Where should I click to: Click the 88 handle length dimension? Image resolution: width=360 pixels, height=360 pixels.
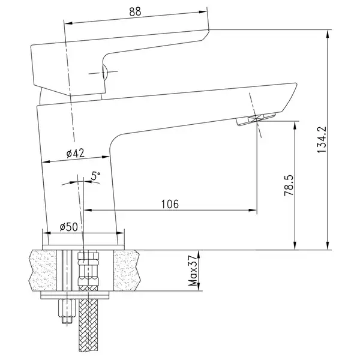[135, 11]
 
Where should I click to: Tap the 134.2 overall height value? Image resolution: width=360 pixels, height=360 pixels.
[322, 139]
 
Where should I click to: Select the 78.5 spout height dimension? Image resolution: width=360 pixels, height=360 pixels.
[289, 185]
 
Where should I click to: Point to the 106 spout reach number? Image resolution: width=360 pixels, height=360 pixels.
[170, 204]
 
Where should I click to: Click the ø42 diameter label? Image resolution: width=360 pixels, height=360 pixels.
[76, 153]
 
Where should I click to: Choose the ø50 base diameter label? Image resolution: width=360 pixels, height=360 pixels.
[68, 227]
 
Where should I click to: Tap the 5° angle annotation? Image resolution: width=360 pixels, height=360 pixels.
[95, 176]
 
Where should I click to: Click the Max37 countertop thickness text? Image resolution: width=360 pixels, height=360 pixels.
[193, 271]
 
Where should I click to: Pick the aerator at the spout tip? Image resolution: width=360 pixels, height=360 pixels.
[256, 119]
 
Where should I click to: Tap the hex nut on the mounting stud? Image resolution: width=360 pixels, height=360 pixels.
[67, 308]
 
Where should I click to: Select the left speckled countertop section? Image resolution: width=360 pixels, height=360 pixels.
[43, 270]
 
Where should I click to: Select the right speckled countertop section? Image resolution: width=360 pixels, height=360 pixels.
[126, 270]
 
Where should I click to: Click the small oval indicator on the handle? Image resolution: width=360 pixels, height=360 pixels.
[104, 72]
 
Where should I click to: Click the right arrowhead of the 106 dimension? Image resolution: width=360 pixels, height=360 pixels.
[253, 210]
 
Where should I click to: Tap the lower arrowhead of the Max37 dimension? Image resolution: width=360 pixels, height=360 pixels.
[199, 287]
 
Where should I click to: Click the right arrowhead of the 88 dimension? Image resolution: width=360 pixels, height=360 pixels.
[203, 12]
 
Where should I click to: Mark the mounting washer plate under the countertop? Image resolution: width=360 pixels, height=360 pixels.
[75, 295]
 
